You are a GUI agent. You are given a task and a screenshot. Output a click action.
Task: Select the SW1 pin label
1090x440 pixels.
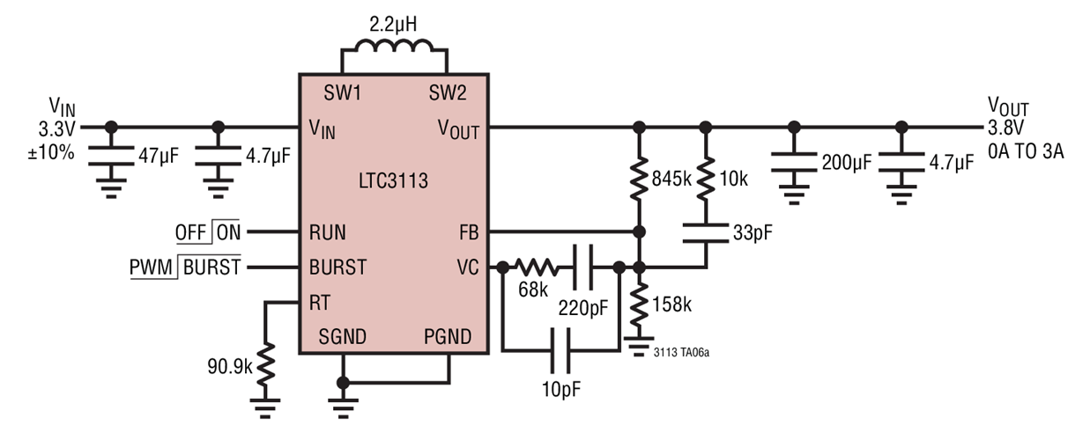pyautogui.click(x=343, y=92)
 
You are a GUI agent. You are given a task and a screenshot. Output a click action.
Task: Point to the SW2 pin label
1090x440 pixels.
pyautogui.click(x=448, y=92)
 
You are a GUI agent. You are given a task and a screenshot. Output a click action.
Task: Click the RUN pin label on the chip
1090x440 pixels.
pyautogui.click(x=327, y=232)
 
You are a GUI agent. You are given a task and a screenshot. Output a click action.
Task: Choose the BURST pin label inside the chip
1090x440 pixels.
pyautogui.click(x=337, y=267)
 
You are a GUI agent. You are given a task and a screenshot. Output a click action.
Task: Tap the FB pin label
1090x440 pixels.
pyautogui.click(x=467, y=232)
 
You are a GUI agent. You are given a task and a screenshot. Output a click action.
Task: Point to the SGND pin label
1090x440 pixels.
pyautogui.click(x=343, y=336)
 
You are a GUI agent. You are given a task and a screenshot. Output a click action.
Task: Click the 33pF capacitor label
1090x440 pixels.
pyautogui.click(x=749, y=232)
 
